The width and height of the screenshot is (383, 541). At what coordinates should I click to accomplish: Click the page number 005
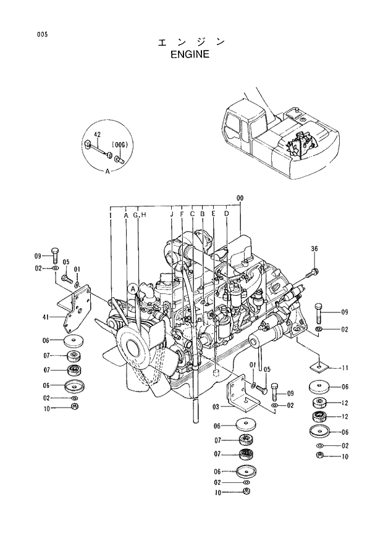pos(42,35)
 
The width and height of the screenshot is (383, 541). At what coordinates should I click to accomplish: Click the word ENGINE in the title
pos(190,54)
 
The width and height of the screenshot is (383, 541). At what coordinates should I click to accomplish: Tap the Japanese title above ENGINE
pos(190,42)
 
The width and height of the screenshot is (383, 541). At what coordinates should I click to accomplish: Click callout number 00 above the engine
pos(240,198)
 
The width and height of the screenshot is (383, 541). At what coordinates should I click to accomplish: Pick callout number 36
pos(314,249)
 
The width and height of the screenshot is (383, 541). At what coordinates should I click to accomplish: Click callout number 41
pos(46,317)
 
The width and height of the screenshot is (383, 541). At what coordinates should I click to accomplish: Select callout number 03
pos(216,407)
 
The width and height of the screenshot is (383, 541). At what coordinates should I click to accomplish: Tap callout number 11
pos(344,368)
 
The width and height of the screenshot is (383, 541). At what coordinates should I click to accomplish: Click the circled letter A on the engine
pos(133,287)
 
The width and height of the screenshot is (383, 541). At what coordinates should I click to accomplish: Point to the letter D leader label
pos(227,214)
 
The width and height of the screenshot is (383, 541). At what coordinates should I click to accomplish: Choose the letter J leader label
pos(171,214)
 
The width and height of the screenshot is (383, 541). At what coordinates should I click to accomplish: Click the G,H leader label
pos(139,214)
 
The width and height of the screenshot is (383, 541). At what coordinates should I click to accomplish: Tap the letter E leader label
pos(213,214)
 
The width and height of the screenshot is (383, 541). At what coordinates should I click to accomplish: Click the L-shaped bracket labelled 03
pos(238,395)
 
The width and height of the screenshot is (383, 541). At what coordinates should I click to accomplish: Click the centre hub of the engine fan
pos(133,345)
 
